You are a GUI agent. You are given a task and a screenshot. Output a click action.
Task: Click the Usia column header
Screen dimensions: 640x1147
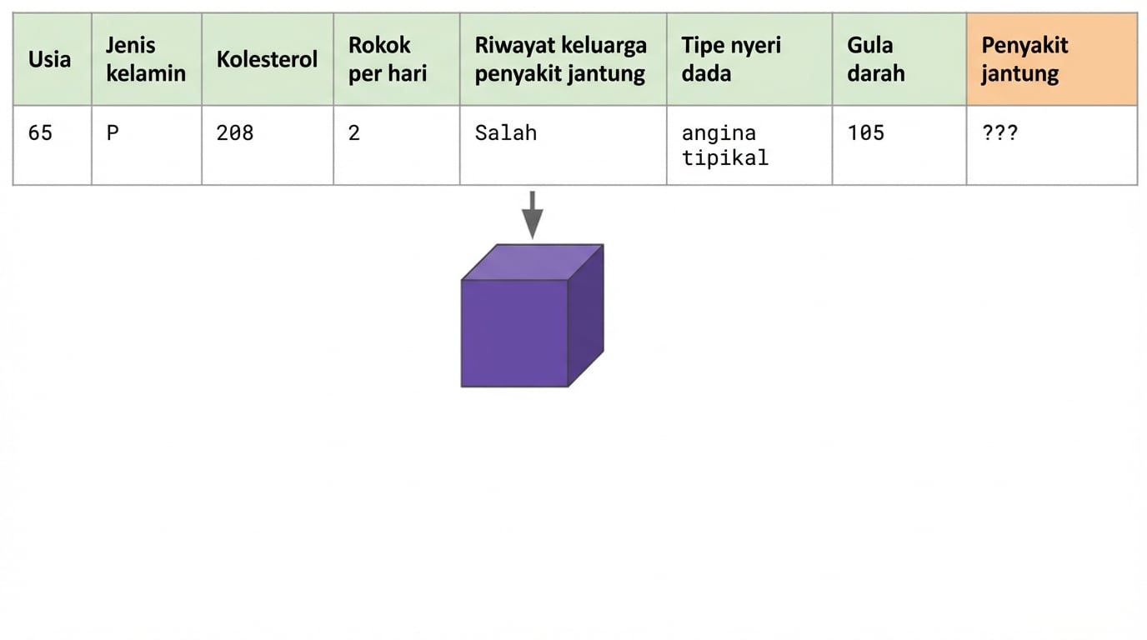(x=50, y=59)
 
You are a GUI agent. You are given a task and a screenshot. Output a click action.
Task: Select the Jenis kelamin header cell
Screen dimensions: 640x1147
(x=146, y=59)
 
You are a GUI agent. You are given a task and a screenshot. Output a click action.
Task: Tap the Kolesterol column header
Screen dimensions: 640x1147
(x=267, y=59)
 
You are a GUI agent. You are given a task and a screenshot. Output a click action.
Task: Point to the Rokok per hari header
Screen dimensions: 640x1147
(x=388, y=59)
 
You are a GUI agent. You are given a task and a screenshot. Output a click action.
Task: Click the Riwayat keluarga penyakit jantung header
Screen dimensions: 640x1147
(x=560, y=59)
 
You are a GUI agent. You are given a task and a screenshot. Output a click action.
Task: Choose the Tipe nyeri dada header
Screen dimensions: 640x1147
(x=731, y=59)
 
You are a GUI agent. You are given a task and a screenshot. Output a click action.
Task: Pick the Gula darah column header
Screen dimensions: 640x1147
(x=875, y=59)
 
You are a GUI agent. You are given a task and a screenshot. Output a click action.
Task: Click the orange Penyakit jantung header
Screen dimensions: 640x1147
(x=1024, y=59)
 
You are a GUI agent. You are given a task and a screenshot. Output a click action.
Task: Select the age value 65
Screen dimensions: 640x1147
(x=40, y=132)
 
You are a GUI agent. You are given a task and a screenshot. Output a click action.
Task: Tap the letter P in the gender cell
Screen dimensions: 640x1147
(x=113, y=132)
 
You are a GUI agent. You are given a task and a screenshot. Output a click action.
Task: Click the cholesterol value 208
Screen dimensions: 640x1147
(x=234, y=132)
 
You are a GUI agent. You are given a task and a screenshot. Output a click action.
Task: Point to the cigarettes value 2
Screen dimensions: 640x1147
(x=354, y=132)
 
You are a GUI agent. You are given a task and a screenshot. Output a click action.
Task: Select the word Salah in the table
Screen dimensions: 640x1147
(x=505, y=132)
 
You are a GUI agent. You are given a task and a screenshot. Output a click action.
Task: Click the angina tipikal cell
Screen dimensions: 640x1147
(x=724, y=145)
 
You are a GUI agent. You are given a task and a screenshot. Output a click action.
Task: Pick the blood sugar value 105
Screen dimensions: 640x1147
(x=865, y=132)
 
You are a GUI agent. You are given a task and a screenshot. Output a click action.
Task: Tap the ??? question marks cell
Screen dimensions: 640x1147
(x=999, y=132)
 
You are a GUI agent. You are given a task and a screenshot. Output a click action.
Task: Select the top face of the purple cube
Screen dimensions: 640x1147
(x=532, y=262)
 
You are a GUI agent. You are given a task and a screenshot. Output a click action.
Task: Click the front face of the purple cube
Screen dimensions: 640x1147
(x=514, y=333)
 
